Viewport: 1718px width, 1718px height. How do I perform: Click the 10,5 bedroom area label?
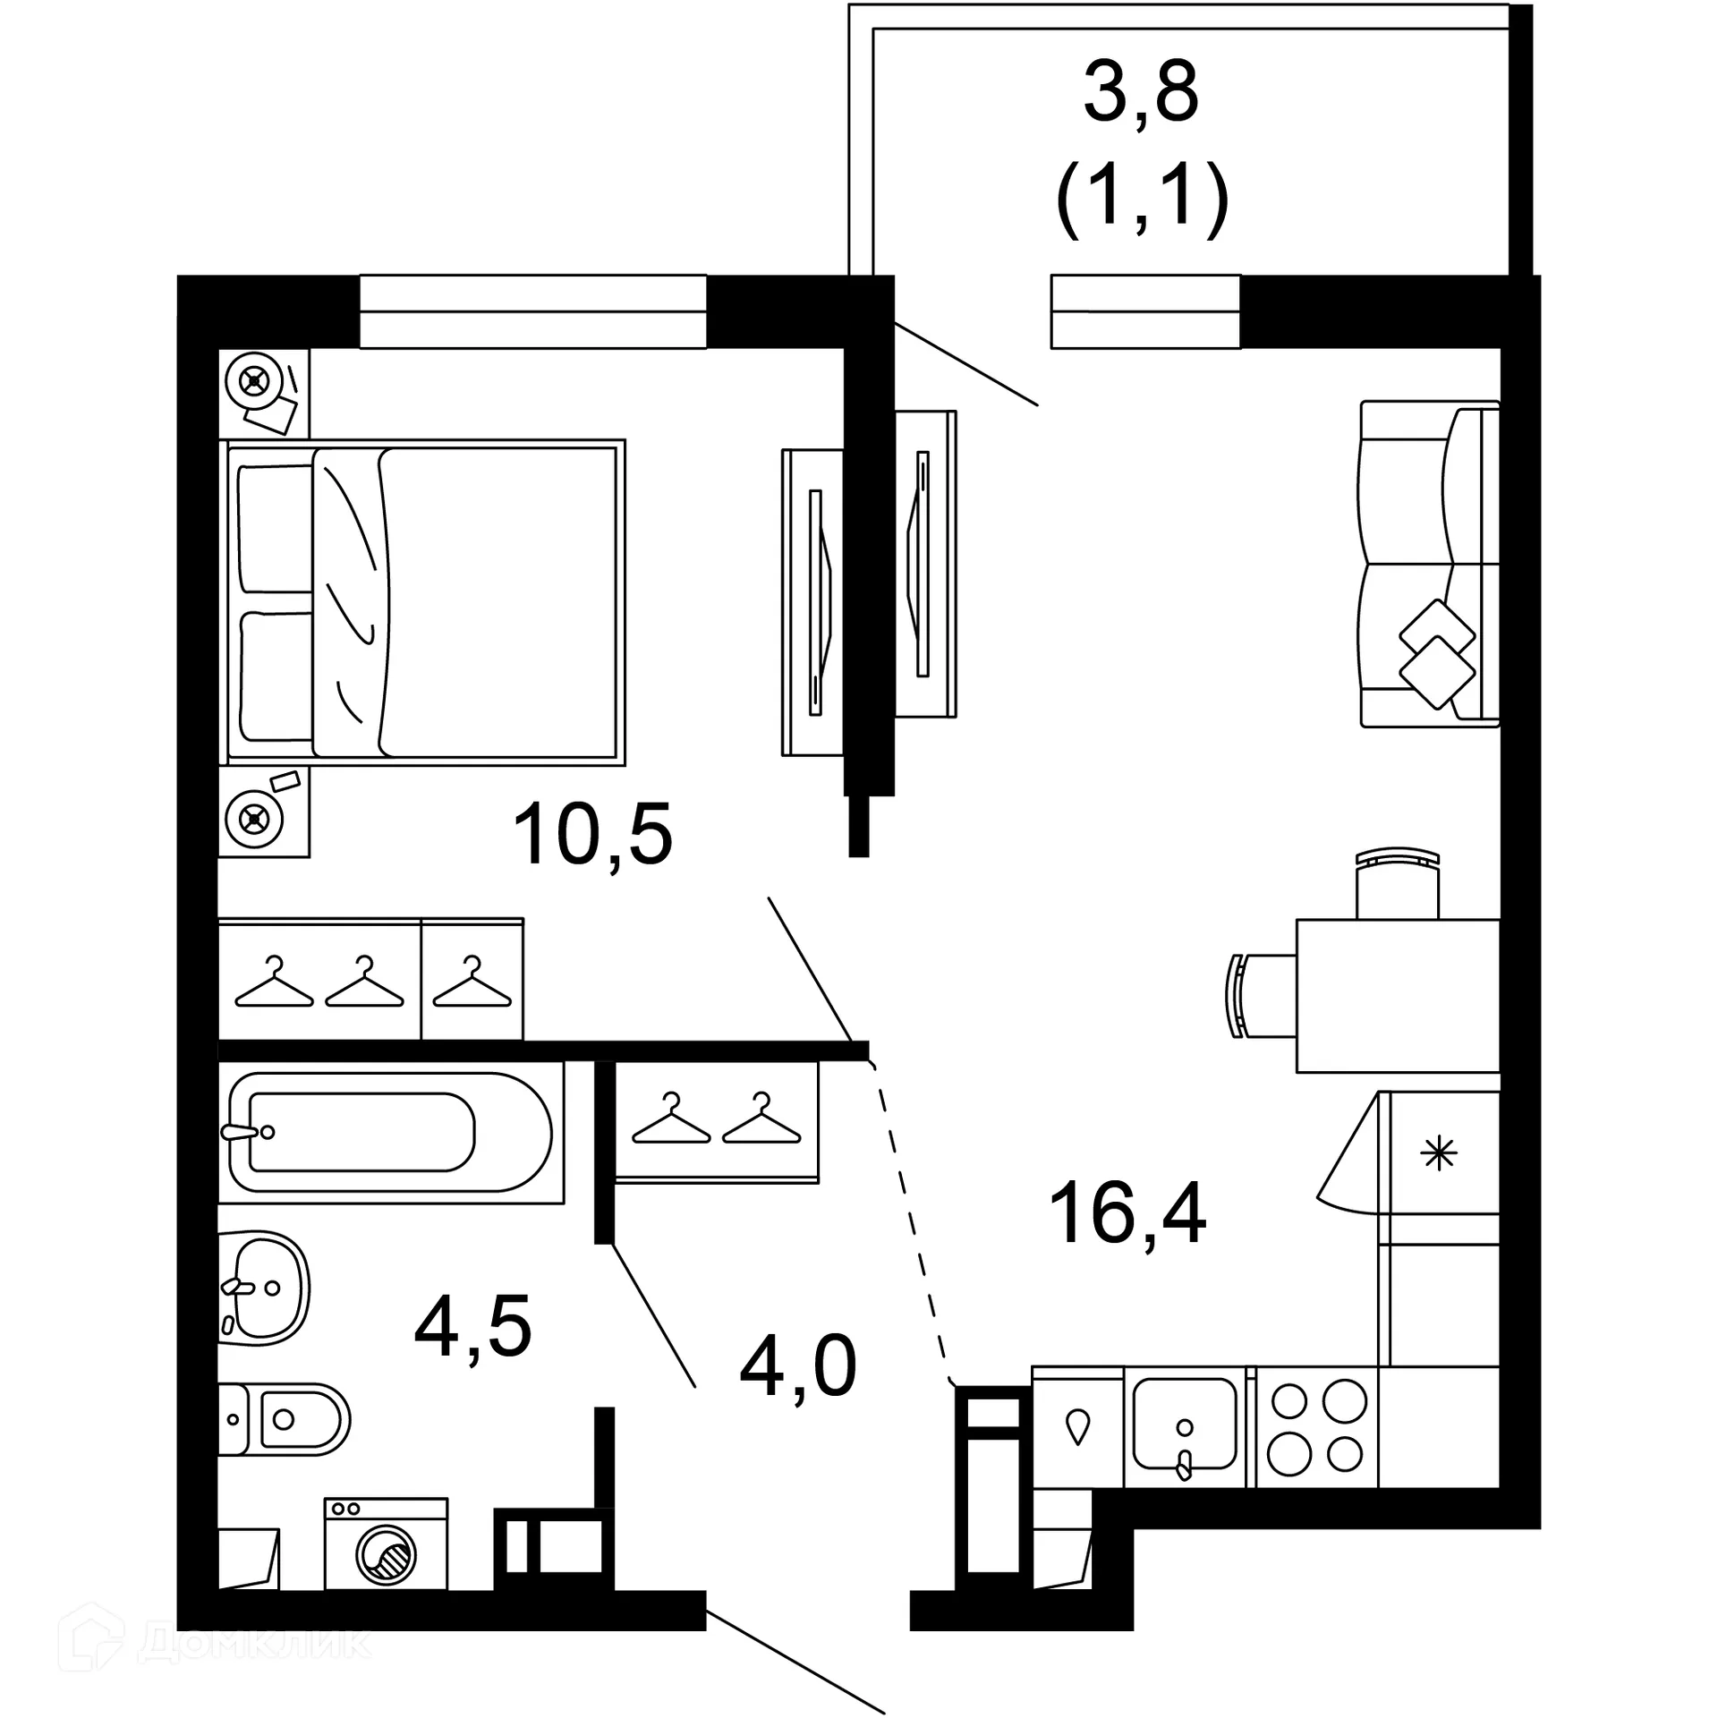(592, 835)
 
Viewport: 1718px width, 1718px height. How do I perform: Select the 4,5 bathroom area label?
(472, 1326)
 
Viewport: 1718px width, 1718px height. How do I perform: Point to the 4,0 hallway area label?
(798, 1366)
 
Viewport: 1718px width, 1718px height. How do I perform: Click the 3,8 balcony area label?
(1141, 93)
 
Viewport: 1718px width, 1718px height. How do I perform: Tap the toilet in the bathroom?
(285, 1419)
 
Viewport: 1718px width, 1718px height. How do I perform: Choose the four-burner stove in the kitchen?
(1318, 1425)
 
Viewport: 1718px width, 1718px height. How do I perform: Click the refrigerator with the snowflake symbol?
(1439, 1153)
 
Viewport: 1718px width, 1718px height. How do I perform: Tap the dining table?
(1398, 996)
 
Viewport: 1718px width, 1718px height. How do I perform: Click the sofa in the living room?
(1428, 565)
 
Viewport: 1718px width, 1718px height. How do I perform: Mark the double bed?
(422, 602)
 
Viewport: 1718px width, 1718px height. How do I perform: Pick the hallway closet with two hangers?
(716, 1122)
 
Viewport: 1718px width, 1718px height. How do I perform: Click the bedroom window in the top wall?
(532, 311)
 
